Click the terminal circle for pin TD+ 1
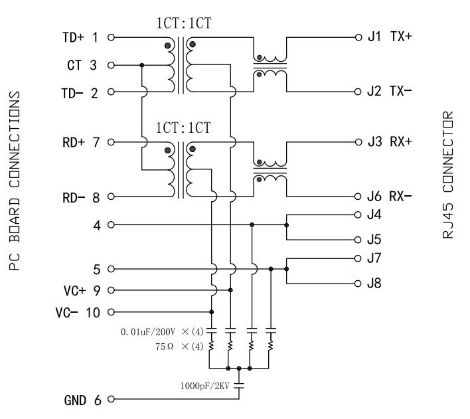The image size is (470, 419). point(111,37)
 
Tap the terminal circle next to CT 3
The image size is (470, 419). point(111,65)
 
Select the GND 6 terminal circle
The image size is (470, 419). point(111,399)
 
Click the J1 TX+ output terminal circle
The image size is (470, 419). point(358,37)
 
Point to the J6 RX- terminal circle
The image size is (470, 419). point(358,197)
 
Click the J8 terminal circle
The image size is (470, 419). point(358,283)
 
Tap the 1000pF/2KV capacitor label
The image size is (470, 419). point(204,386)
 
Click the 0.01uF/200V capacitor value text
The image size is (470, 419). point(148,332)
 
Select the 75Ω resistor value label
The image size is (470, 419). point(164,347)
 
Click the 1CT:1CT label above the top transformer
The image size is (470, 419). point(184,23)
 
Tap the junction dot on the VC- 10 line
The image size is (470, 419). point(211,312)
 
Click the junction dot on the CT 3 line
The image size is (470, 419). point(142,65)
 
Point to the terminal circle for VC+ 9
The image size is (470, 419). point(111,290)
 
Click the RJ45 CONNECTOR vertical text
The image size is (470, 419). point(448,175)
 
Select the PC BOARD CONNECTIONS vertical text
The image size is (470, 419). point(15,181)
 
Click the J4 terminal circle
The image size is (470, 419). point(358,214)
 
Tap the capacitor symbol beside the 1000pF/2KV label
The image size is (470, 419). point(239,385)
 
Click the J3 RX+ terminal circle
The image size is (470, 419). point(358,142)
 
